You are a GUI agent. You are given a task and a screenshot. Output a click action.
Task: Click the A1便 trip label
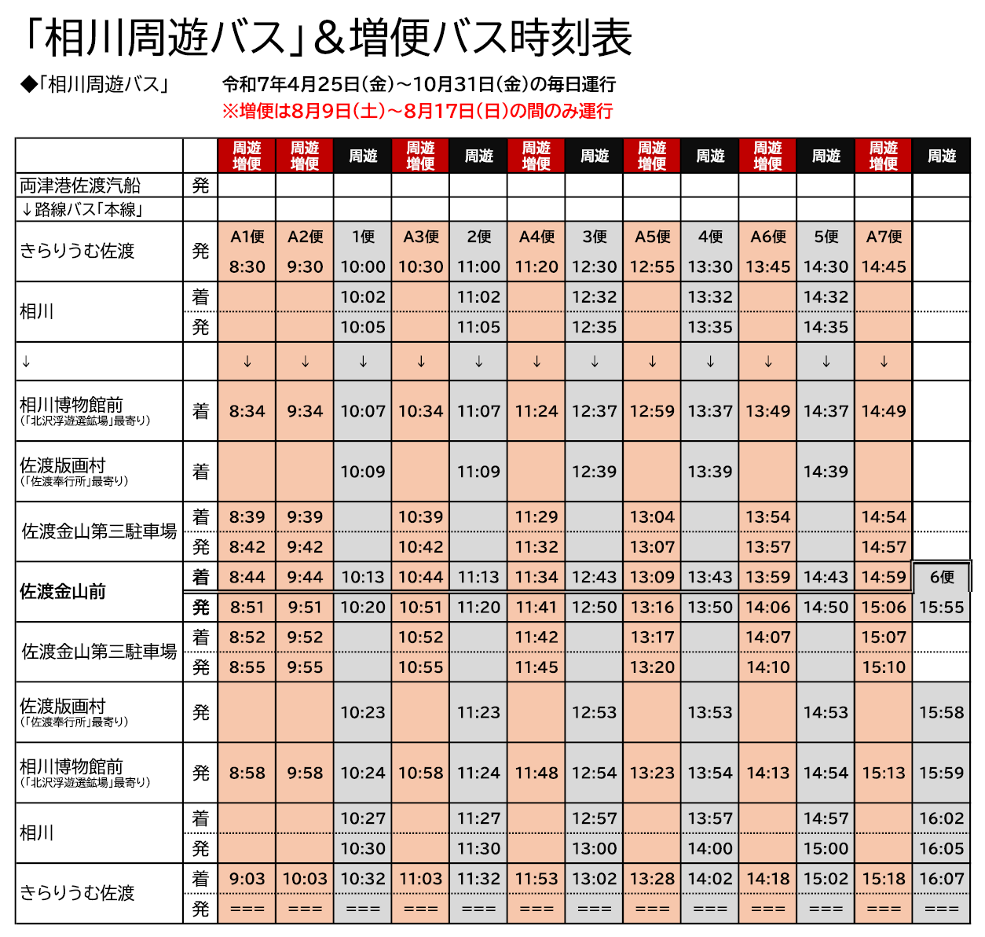pyautogui.click(x=247, y=237)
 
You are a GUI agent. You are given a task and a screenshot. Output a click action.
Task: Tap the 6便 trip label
pyautogui.click(x=941, y=577)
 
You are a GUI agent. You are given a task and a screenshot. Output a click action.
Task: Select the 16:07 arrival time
pyautogui.click(x=941, y=879)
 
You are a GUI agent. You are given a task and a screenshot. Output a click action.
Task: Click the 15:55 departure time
pyautogui.click(x=941, y=607)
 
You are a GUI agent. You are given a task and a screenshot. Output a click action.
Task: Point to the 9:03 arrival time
pyautogui.click(x=247, y=879)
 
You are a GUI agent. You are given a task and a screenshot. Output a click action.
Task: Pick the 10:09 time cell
pyautogui.click(x=363, y=472)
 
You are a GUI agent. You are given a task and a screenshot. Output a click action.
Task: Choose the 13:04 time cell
pyautogui.click(x=652, y=517)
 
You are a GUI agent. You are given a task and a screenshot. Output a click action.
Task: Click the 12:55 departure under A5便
pyautogui.click(x=652, y=266)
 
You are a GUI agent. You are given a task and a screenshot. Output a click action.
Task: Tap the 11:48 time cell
pyautogui.click(x=536, y=773)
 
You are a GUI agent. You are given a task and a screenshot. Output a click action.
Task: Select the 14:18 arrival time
pyautogui.click(x=768, y=879)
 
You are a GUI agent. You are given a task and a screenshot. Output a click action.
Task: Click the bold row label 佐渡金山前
pyautogui.click(x=63, y=592)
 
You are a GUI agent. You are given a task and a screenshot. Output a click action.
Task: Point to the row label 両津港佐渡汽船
pyautogui.click(x=80, y=186)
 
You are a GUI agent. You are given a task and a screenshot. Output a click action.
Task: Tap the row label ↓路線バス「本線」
pyautogui.click(x=81, y=210)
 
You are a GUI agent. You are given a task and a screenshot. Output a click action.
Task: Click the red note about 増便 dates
pyautogui.click(x=417, y=111)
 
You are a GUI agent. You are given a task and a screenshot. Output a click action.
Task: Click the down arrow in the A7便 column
pyautogui.click(x=884, y=362)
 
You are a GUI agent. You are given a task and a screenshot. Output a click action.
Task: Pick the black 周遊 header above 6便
pyautogui.click(x=941, y=156)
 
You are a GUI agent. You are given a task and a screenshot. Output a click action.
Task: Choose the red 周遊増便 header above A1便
pyautogui.click(x=247, y=156)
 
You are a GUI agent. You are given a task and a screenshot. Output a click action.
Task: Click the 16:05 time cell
pyautogui.click(x=941, y=848)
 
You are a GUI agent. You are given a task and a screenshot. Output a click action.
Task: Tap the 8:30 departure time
pyautogui.click(x=247, y=266)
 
